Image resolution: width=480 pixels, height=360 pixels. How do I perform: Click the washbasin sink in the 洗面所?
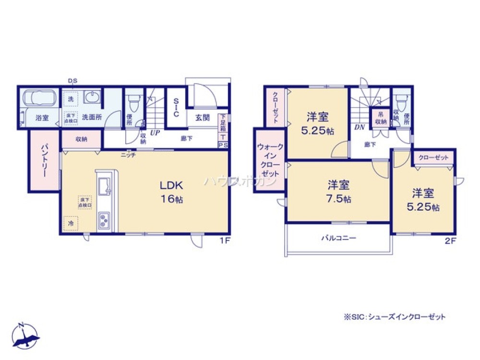(x=92, y=98)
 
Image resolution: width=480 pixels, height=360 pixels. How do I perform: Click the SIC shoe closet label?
(x=176, y=108)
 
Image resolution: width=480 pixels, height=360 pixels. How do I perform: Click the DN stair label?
(x=359, y=128)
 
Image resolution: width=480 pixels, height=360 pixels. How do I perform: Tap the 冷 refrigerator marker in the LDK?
(x=70, y=223)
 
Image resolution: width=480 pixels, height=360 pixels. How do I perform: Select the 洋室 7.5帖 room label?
(x=339, y=191)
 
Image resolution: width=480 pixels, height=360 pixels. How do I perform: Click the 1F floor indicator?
(x=225, y=241)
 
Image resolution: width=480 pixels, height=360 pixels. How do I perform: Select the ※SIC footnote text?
(x=395, y=317)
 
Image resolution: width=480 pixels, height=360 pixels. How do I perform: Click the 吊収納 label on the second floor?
(x=380, y=118)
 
